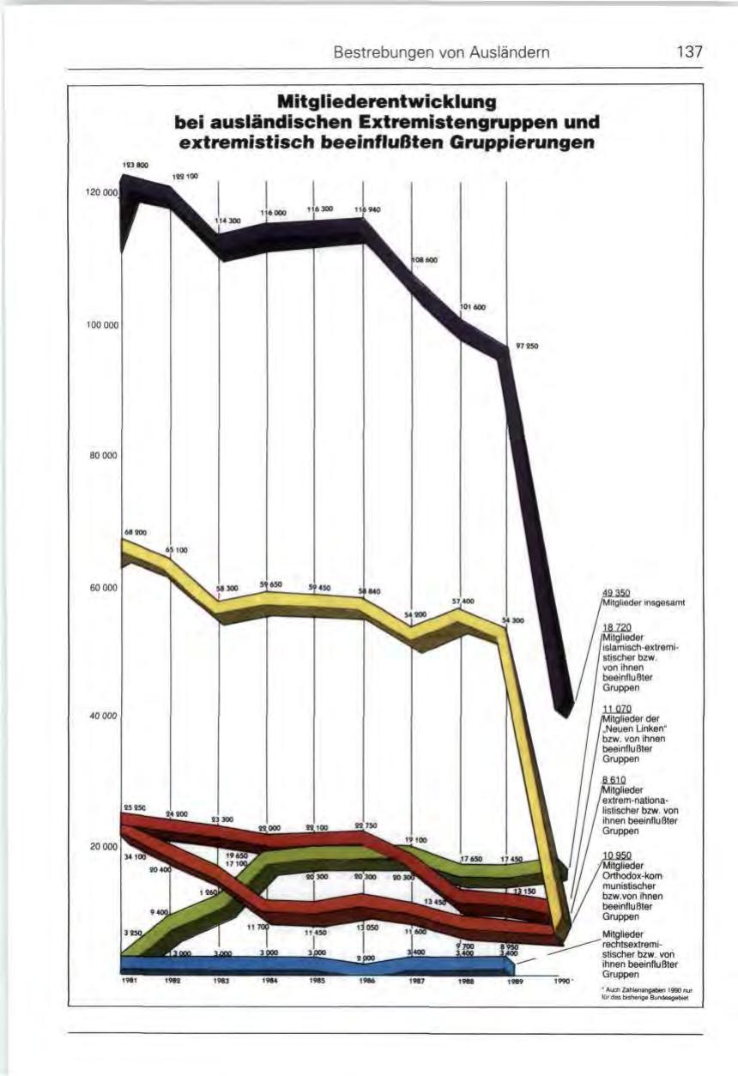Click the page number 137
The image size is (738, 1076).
pos(689,52)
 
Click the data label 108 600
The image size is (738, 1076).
pos(426,260)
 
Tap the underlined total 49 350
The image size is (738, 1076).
pos(615,593)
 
